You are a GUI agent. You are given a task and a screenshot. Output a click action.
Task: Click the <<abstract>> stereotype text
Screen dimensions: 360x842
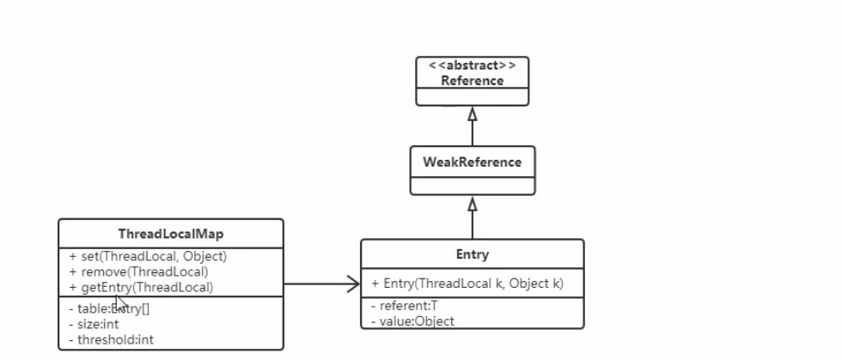[x=472, y=66]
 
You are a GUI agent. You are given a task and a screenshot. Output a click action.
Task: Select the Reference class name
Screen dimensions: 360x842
[x=472, y=81]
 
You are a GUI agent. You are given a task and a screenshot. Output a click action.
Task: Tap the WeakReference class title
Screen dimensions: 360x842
[x=472, y=162]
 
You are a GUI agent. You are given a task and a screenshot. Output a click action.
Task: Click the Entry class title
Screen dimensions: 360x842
[x=472, y=255]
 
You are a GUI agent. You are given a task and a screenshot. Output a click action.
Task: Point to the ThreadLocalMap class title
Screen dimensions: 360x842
[x=170, y=233]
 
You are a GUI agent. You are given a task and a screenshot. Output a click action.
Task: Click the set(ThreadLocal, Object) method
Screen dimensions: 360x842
[x=148, y=256]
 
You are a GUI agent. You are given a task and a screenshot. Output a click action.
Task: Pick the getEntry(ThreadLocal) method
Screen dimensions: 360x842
[x=141, y=287]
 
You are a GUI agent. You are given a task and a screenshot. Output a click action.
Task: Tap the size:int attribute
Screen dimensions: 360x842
[x=94, y=323]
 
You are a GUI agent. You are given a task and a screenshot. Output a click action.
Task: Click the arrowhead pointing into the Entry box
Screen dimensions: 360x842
[x=353, y=284]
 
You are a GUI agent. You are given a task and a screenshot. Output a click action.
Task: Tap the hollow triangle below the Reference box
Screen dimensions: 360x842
[x=472, y=113]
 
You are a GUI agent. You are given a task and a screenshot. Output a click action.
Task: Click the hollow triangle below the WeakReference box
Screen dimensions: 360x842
[x=472, y=204]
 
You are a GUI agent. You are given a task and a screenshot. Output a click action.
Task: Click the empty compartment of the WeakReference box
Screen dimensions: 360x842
[x=472, y=185]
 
